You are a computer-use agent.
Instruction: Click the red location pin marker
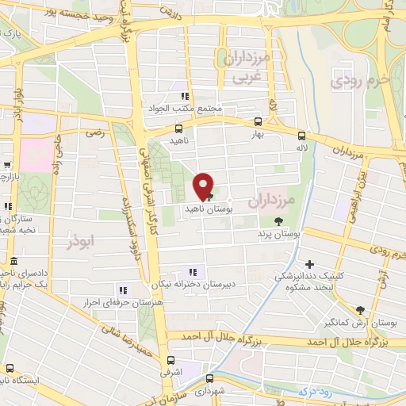click(x=204, y=186)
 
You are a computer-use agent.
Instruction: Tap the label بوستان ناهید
click(x=205, y=207)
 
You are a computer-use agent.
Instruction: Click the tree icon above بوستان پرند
click(x=278, y=221)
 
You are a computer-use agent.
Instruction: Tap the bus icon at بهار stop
click(x=259, y=121)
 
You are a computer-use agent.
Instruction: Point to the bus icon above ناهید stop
click(x=178, y=127)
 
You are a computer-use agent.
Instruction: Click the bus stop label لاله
click(x=301, y=148)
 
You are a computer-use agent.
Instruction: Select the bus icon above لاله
click(x=301, y=135)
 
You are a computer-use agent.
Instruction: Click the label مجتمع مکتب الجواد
click(x=184, y=109)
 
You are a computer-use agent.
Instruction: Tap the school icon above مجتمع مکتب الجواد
click(x=185, y=95)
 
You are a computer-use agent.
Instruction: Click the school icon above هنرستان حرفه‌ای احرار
click(x=121, y=290)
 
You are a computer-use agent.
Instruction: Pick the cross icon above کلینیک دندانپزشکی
click(x=309, y=264)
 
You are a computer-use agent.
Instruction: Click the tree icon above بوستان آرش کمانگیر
click(x=361, y=309)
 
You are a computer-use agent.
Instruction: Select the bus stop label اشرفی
click(x=171, y=371)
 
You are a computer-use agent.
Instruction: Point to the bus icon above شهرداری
click(x=209, y=377)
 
